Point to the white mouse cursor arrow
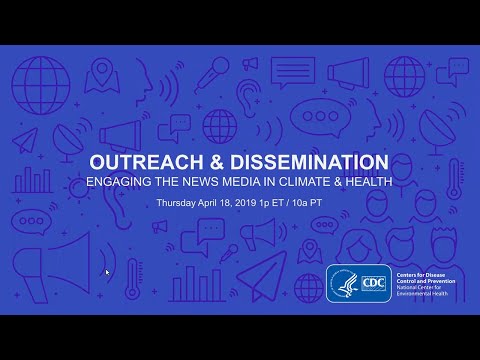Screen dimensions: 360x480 [108, 272]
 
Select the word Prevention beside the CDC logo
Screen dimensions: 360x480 [436, 281]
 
